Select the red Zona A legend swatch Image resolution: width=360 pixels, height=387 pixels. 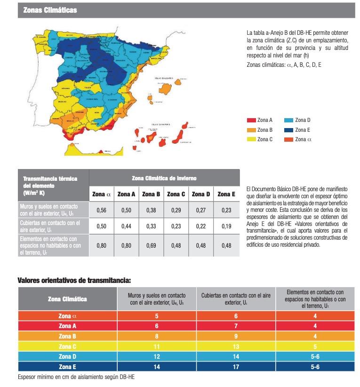pyautogui.click(x=251, y=121)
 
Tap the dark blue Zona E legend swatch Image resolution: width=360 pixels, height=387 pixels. pyautogui.click(x=289, y=130)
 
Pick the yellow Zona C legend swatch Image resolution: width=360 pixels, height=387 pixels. pyautogui.click(x=251, y=139)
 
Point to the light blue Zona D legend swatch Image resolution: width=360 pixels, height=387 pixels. pyautogui.click(x=289, y=121)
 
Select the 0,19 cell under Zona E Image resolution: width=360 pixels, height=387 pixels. pyautogui.click(x=226, y=226)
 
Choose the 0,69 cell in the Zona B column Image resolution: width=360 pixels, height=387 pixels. pyautogui.click(x=152, y=245)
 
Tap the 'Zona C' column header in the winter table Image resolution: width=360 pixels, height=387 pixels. pyautogui.click(x=176, y=194)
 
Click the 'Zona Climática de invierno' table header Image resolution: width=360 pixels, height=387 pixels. pyautogui.click(x=164, y=178)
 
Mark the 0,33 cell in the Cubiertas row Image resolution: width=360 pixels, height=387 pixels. pyautogui.click(x=152, y=226)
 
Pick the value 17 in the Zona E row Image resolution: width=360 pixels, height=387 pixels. pyautogui.click(x=235, y=366)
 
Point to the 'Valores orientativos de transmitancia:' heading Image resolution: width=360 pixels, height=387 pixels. pyautogui.click(x=74, y=280)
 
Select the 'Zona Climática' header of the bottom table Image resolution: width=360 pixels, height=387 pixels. pyautogui.click(x=67, y=298)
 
